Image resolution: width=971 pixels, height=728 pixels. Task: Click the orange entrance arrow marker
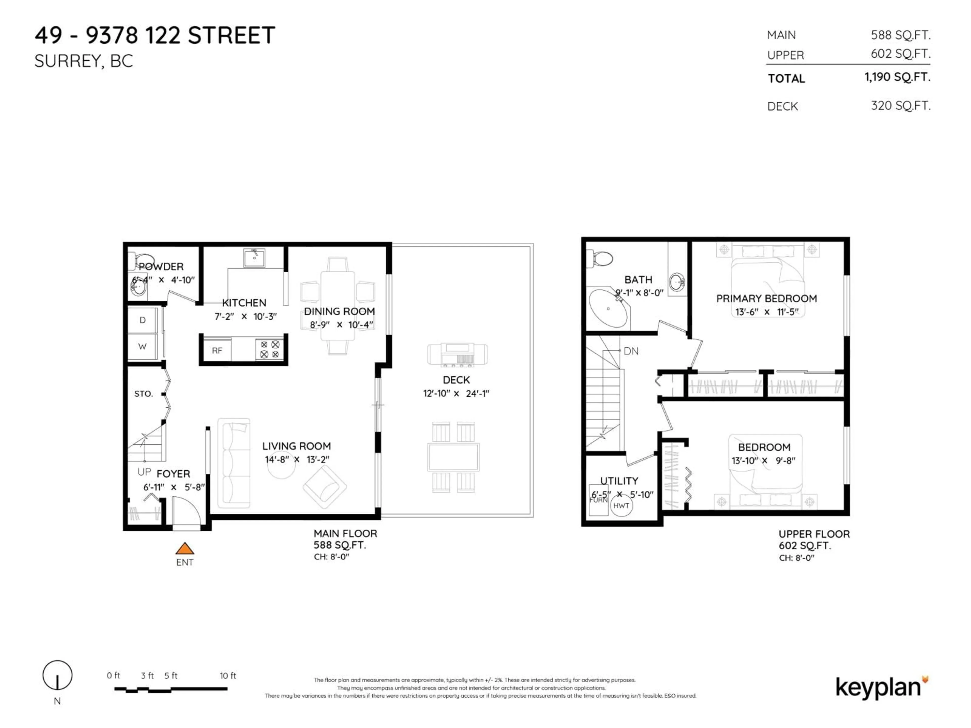[x=185, y=549]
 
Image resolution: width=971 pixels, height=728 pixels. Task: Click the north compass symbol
[x=57, y=675]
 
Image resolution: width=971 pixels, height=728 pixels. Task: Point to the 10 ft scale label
[x=228, y=676]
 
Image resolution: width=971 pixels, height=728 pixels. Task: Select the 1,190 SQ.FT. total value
[x=897, y=77]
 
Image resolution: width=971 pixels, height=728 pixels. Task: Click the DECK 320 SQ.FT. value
[x=900, y=106]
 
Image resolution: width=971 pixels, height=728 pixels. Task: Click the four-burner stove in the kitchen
[x=270, y=350]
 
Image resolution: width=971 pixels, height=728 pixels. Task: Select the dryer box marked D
[x=142, y=320]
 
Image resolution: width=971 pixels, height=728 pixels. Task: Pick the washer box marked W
[x=142, y=347]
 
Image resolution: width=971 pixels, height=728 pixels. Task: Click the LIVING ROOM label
[x=296, y=446]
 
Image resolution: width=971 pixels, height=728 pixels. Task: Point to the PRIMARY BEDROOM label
[x=766, y=298]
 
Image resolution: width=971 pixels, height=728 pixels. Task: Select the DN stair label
[x=631, y=351]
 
